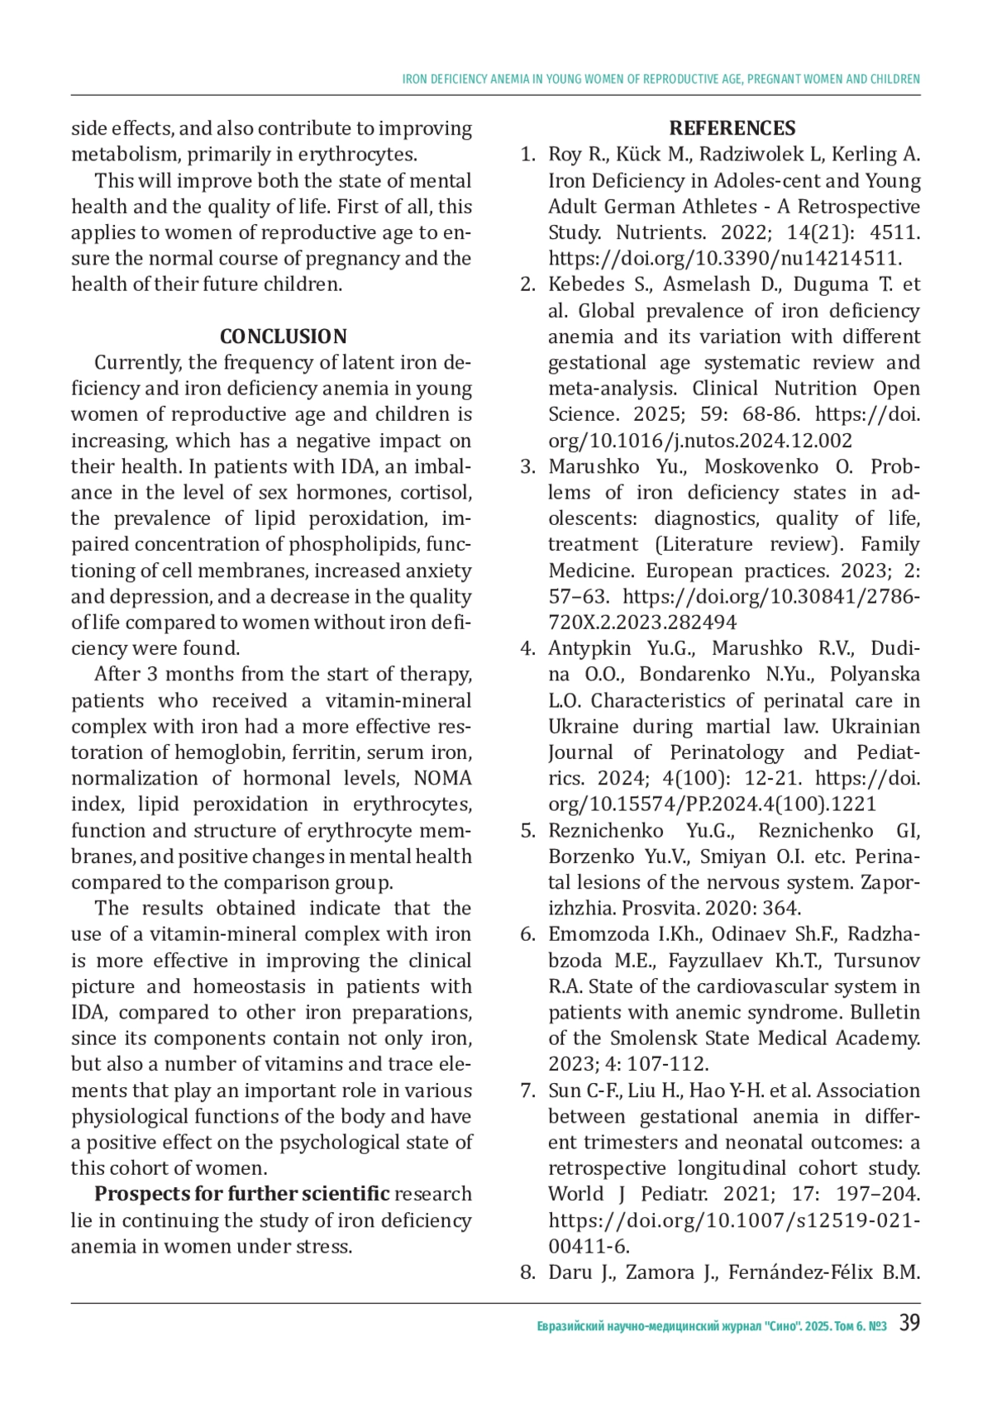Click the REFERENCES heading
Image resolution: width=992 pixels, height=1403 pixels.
[732, 128]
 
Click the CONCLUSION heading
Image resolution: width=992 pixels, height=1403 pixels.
[283, 336]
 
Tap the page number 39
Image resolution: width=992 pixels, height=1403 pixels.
[909, 1323]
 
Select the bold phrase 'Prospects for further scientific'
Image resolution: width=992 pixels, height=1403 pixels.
[241, 1194]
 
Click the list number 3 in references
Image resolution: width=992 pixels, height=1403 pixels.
[527, 466]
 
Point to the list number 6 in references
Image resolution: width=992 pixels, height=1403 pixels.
[527, 934]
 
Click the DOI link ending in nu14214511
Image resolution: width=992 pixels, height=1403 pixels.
[725, 258]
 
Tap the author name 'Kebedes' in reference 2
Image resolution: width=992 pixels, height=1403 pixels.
[586, 284]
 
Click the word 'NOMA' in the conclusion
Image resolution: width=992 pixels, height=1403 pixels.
[442, 778]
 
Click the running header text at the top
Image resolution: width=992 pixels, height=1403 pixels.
[661, 79]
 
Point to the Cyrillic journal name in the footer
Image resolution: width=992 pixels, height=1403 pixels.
[711, 1326]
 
